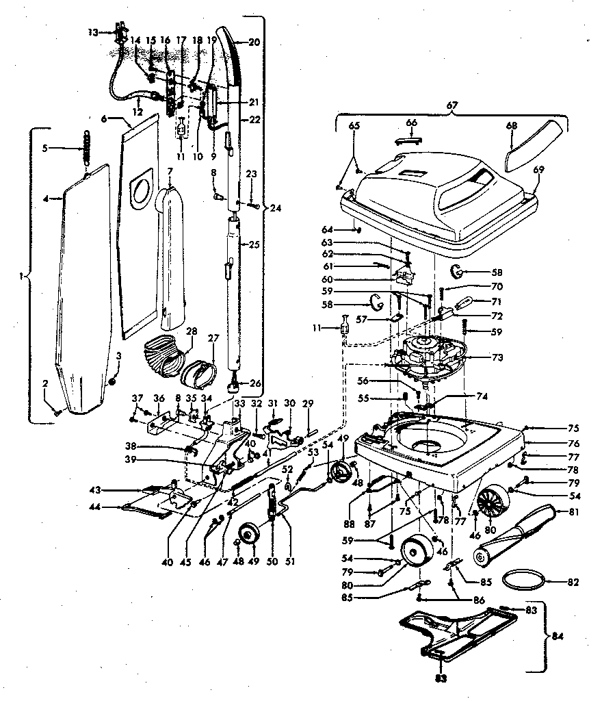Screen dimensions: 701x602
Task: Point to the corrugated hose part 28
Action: coord(163,356)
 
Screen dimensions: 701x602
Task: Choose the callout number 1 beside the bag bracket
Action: coord(23,276)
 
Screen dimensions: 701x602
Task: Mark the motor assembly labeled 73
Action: coord(428,355)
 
